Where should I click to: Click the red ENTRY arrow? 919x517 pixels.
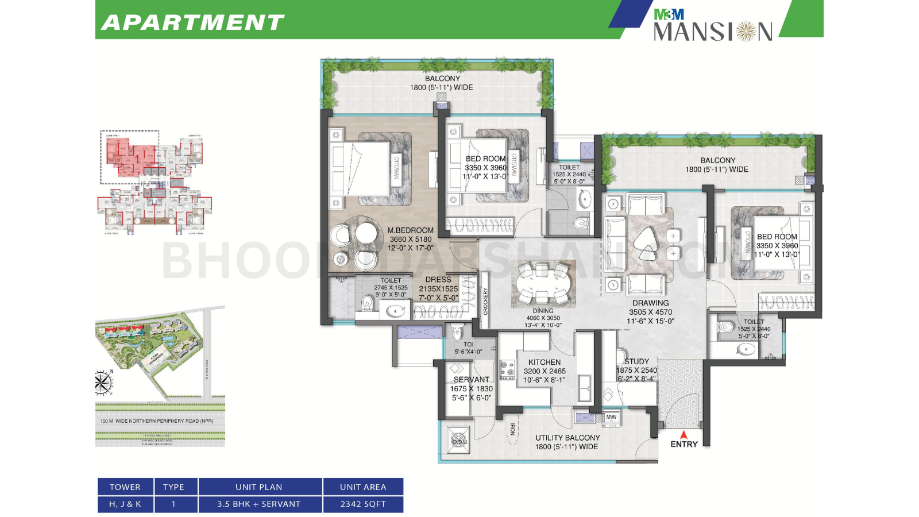(684, 435)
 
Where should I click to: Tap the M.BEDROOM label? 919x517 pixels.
(410, 230)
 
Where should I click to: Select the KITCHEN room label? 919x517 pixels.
(544, 362)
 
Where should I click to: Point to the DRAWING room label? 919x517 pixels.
(650, 303)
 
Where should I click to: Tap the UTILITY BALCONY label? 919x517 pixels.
(567, 438)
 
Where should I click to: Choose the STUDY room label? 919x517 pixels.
(636, 361)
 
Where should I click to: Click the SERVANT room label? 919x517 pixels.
(471, 380)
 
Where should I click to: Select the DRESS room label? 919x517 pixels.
(438, 280)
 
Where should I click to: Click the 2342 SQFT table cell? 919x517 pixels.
(363, 504)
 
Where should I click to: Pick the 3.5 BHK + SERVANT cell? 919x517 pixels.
(259, 504)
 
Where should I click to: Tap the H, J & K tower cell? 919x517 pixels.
(125, 504)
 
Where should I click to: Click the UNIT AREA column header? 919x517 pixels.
(363, 487)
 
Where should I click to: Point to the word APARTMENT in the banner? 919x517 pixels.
(193, 22)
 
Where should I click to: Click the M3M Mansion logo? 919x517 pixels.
(712, 24)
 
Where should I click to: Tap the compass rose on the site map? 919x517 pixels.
(103, 383)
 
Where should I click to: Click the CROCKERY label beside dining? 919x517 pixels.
(485, 301)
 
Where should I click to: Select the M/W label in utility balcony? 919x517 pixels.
(611, 417)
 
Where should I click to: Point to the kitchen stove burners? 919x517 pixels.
(507, 370)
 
